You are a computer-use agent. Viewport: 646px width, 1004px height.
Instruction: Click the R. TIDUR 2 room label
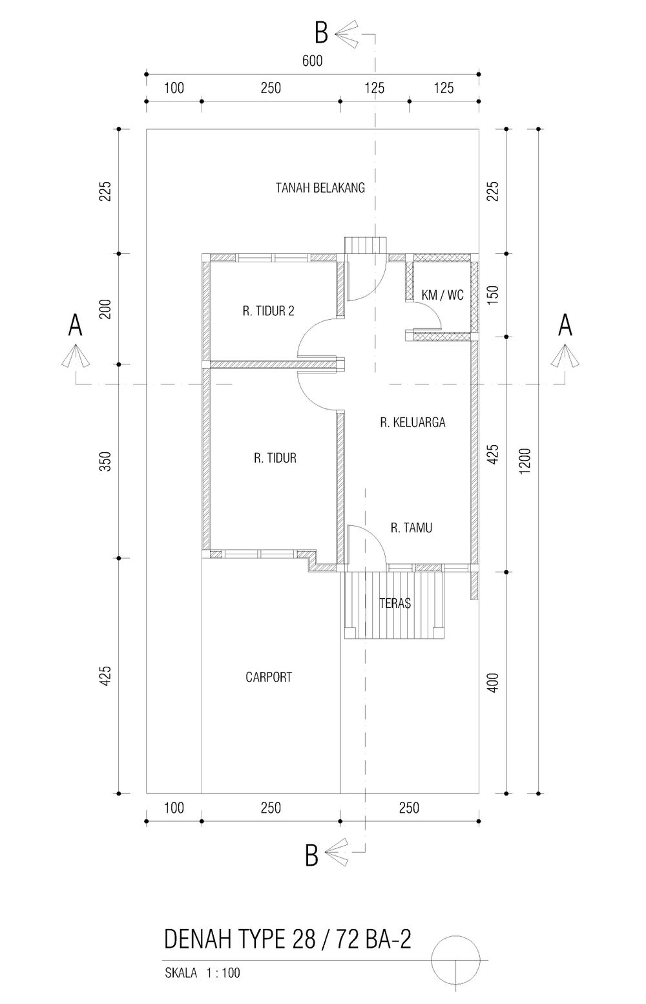269,311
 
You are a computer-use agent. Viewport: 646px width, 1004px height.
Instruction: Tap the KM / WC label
443,295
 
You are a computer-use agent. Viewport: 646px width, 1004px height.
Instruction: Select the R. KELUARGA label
412,423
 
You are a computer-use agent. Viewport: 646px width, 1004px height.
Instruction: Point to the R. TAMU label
411,528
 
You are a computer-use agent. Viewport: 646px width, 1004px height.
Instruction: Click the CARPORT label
269,677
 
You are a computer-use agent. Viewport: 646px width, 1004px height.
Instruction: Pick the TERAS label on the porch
395,603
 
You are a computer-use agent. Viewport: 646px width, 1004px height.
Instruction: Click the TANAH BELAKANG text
320,187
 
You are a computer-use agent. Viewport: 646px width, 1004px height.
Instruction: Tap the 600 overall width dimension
313,61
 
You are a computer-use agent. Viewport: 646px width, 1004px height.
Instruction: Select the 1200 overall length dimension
525,461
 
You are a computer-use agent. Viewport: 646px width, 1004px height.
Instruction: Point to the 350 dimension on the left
105,462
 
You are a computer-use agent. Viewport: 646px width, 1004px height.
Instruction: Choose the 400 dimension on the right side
493,683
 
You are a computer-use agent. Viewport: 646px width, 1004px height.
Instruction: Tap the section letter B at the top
321,33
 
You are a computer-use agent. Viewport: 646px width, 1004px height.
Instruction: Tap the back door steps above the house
366,245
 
